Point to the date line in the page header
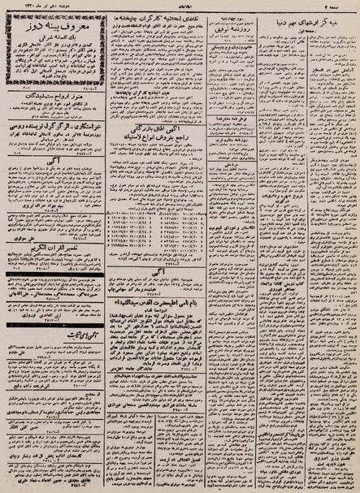coord(33,7)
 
